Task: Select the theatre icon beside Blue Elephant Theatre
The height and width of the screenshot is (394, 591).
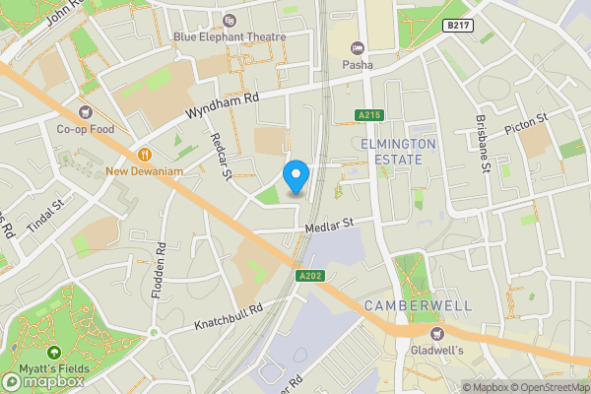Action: (x=230, y=20)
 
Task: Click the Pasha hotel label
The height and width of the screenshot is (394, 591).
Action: (x=357, y=65)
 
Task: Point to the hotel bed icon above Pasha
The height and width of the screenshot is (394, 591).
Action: (x=357, y=47)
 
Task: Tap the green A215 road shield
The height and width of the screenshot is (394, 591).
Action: (x=368, y=115)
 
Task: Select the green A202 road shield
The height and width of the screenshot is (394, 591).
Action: (x=309, y=276)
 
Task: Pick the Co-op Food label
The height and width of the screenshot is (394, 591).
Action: (x=86, y=129)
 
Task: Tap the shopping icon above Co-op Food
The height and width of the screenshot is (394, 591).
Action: (x=86, y=111)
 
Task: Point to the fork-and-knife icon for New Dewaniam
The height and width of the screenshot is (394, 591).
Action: (x=145, y=154)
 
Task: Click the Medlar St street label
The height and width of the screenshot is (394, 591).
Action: (x=330, y=228)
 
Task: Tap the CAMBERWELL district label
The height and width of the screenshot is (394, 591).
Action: (x=412, y=306)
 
